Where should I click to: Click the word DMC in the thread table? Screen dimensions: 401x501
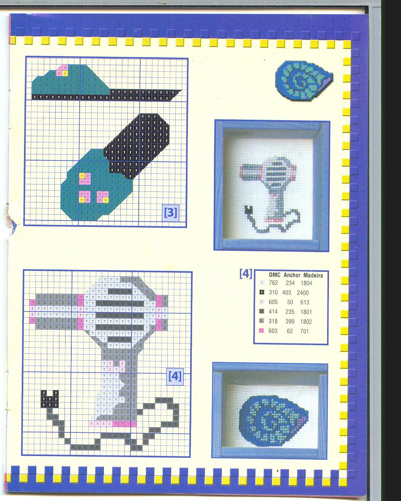pos(274,275)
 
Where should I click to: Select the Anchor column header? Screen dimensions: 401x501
pos(292,275)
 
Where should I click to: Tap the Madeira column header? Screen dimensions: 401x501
pos(313,275)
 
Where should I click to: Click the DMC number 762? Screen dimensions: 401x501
pos(273,283)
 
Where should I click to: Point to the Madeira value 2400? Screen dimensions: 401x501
pos(303,292)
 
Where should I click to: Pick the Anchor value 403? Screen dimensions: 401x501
pos(287,292)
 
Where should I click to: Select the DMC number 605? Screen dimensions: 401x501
pos(273,302)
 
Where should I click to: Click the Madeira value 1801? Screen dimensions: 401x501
pos(306,312)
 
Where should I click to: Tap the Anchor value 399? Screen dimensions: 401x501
pos(290,321)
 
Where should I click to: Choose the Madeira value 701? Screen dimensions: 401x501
pos(304,331)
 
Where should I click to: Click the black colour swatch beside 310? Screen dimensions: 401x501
pos(261,292)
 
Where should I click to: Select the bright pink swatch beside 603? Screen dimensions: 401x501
pos(261,330)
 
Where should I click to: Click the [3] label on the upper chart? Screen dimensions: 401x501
pos(171,212)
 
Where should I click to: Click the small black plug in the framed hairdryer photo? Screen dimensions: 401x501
pos(248,210)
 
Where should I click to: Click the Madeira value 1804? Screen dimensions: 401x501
pos(306,283)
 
